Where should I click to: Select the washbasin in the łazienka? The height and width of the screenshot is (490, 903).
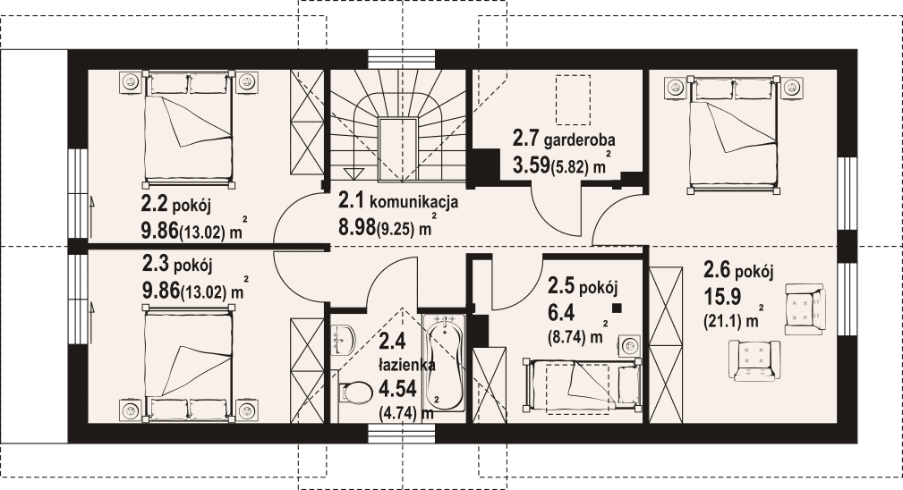(345, 339)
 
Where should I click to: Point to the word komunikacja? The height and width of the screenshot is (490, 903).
(413, 202)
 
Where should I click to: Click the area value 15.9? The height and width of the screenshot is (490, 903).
(722, 297)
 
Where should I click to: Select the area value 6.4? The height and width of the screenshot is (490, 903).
(558, 312)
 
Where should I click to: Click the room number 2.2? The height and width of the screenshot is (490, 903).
(154, 204)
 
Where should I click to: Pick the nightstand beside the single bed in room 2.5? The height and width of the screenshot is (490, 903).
(631, 346)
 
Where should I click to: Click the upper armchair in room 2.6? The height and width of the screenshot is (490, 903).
(805, 308)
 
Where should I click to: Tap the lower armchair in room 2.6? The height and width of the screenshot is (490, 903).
(754, 360)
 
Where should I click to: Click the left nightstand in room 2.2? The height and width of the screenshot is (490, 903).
(131, 82)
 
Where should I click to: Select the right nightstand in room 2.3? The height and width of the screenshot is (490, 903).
(247, 410)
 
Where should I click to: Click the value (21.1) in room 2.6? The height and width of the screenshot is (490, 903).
(722, 322)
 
